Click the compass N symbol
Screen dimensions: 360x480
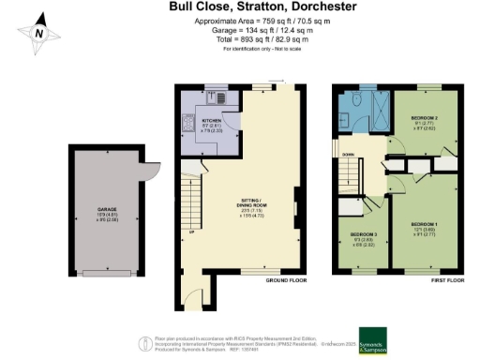coord(38,31)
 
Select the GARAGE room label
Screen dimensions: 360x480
coord(104,209)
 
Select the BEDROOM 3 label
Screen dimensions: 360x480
coord(364,234)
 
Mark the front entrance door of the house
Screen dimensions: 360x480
coord(194,301)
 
